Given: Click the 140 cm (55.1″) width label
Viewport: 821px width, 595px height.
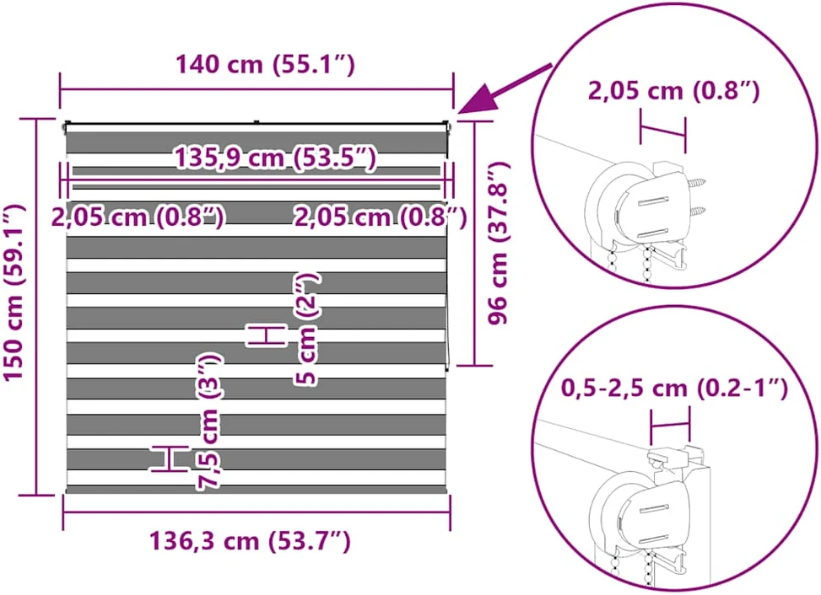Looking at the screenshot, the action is [x=265, y=64].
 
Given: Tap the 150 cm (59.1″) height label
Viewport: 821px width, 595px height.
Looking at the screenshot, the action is [x=14, y=292].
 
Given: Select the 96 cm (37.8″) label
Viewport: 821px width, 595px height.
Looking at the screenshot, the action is [x=498, y=243].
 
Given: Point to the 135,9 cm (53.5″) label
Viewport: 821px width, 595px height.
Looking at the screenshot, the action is [x=275, y=158].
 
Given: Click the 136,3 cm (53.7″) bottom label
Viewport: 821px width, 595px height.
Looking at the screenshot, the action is [x=251, y=540].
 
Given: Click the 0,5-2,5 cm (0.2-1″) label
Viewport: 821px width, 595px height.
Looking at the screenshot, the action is [x=674, y=389].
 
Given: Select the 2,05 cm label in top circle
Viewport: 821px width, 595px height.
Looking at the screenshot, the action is [x=674, y=91].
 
